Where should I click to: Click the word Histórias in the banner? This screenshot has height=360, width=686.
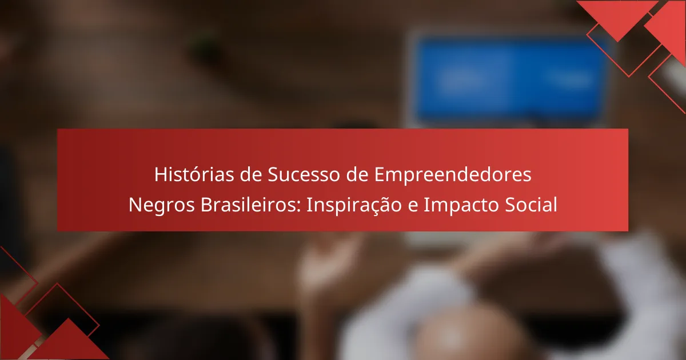(194, 174)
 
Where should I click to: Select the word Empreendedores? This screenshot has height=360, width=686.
(453, 175)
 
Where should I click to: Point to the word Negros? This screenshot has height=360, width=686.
(161, 205)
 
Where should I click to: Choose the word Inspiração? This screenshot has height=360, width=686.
(354, 205)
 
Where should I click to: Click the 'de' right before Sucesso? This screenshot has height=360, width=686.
(251, 174)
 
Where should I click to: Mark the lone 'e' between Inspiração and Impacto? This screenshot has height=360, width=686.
(413, 207)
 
